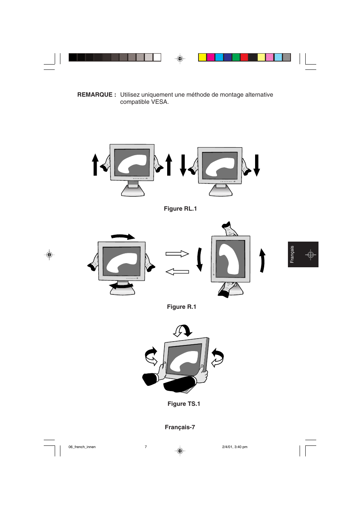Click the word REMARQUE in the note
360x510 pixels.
tap(95, 95)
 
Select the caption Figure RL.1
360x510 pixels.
tap(180, 209)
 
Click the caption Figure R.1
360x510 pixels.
tap(182, 307)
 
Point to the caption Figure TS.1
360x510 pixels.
tap(184, 404)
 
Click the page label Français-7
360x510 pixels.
tap(180, 427)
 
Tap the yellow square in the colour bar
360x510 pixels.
tap(202, 57)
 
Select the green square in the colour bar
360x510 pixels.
tap(236, 57)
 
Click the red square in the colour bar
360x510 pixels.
tap(244, 57)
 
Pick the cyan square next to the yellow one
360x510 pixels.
tap(219, 57)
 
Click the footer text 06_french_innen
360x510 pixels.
tap(82, 447)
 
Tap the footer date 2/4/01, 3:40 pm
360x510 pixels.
tap(235, 447)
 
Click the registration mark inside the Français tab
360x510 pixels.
tap(311, 255)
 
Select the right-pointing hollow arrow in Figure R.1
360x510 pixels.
tap(177, 254)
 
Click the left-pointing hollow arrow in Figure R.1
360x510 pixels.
tap(177, 271)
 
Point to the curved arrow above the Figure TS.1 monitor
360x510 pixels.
tap(183, 331)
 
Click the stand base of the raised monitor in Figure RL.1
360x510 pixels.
tap(133, 192)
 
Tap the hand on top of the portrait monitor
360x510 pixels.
tap(229, 229)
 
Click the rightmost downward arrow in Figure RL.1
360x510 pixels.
tap(257, 165)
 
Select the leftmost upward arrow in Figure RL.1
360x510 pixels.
tap(95, 165)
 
